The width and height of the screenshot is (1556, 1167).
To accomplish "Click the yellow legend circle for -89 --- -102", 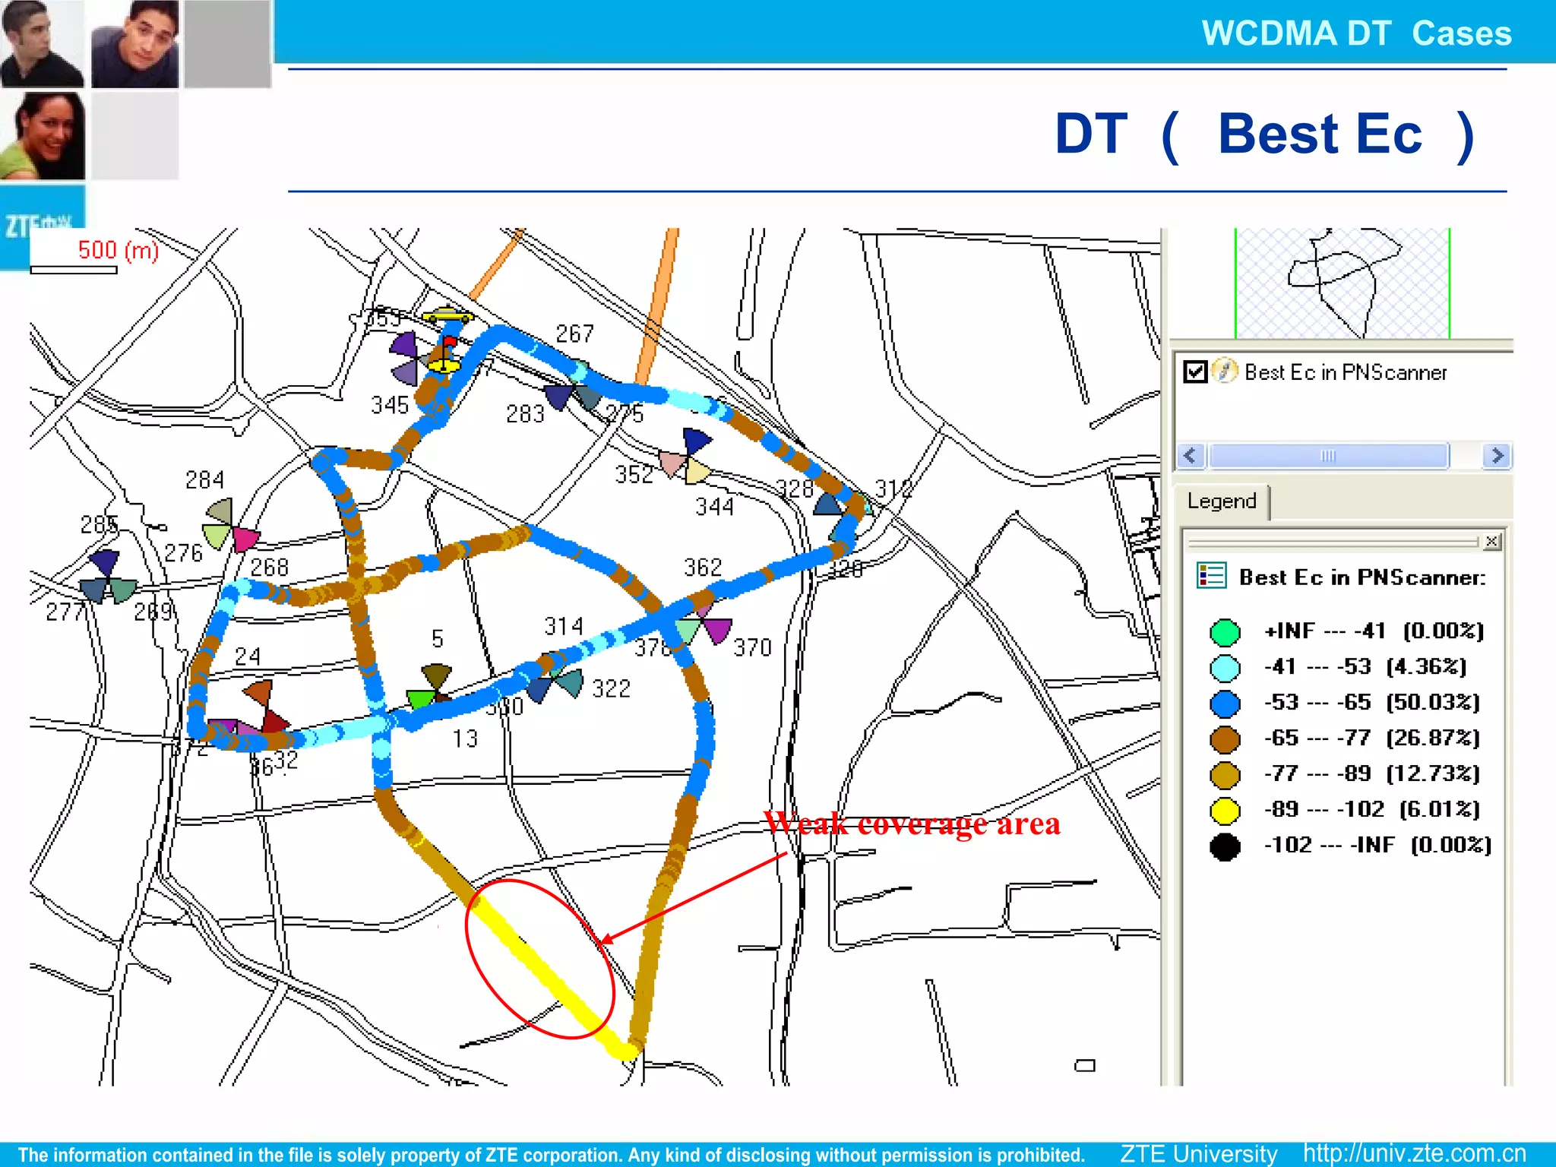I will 1225,810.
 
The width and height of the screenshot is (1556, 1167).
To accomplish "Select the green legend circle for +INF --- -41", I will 1225,631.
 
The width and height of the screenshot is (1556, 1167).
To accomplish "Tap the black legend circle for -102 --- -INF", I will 1225,846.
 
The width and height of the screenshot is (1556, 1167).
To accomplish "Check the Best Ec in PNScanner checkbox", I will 1195,372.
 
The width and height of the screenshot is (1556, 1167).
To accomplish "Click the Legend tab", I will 1221,501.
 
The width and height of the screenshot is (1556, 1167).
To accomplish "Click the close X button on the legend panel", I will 1491,541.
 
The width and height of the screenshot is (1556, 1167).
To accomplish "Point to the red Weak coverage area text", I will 912,824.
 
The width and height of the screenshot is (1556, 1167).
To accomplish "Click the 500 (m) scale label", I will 119,250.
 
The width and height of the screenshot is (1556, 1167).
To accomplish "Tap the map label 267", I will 574,334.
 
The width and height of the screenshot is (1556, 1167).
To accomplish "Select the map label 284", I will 204,480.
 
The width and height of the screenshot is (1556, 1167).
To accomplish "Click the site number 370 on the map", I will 752,648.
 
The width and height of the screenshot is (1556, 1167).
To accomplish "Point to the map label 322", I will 611,689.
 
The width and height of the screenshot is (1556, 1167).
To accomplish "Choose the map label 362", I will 703,568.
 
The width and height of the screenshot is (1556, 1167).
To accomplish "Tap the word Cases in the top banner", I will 1462,33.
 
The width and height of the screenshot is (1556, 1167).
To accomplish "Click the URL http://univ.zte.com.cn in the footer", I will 1414,1153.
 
